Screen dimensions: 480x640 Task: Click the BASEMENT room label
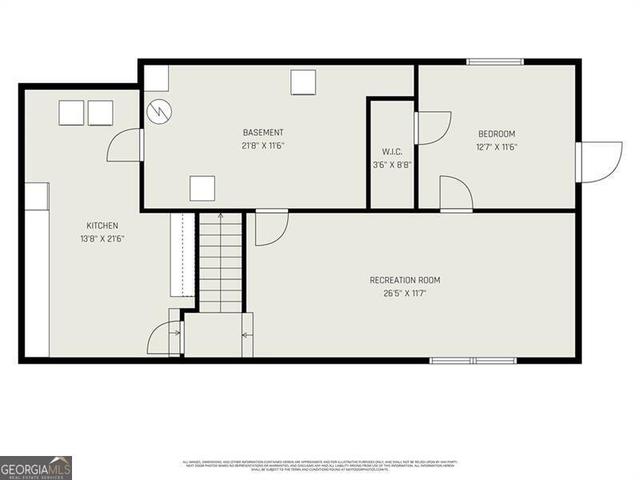263,133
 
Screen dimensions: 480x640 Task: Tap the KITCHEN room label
102,226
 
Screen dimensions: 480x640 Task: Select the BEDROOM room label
496,134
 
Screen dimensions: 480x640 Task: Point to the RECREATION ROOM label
405,280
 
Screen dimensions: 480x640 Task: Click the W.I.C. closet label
392,152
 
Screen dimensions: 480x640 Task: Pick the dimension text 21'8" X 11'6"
263,146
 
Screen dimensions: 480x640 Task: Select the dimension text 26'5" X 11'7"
405,293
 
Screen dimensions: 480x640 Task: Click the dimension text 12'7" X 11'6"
496,146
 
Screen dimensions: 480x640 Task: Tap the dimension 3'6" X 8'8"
392,165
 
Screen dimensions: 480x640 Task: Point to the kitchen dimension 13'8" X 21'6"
102,238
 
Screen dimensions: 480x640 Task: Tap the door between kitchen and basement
126,146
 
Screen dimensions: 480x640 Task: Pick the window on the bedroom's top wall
495,62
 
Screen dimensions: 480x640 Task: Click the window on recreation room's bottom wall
473,361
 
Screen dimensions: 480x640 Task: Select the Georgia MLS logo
36,467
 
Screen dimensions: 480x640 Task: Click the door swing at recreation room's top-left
270,227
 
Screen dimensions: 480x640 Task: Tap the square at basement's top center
303,82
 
